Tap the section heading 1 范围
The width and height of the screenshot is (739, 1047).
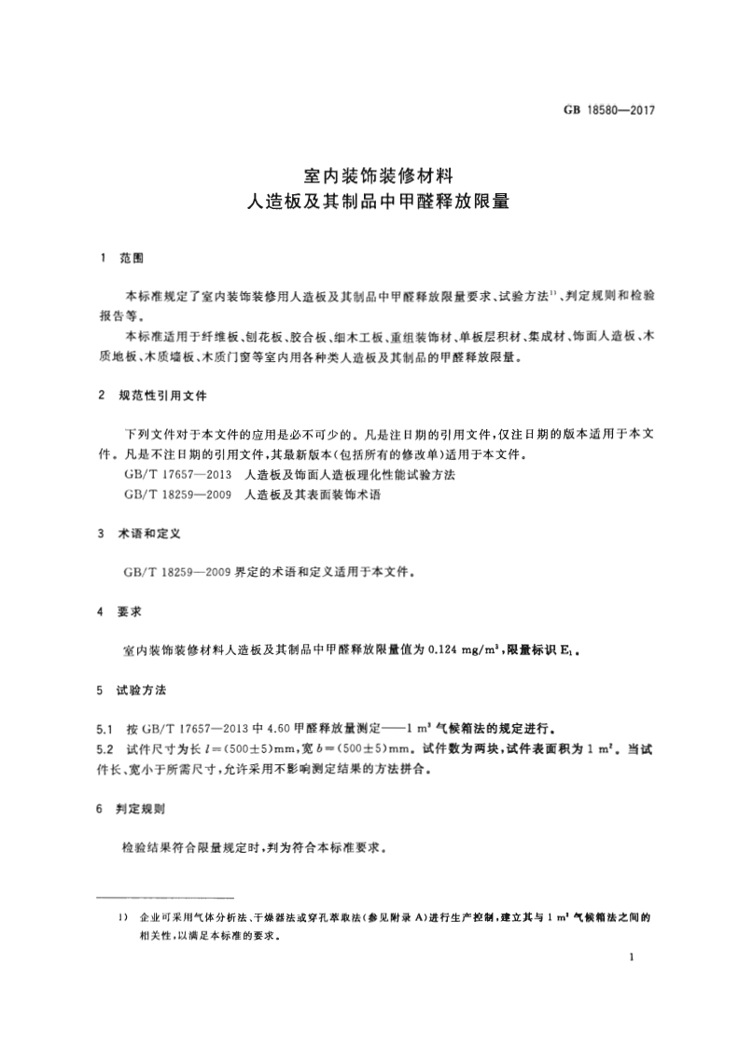click(120, 257)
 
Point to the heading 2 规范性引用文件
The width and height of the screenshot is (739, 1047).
click(153, 396)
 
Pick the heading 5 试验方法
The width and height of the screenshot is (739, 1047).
click(132, 691)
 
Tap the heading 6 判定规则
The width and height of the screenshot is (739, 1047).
click(132, 811)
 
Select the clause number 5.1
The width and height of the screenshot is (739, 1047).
click(105, 727)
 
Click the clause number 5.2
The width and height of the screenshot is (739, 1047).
click(105, 748)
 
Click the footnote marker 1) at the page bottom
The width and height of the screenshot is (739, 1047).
click(123, 918)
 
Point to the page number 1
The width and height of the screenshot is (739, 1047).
click(633, 957)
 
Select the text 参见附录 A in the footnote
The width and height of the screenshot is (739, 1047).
click(395, 918)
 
